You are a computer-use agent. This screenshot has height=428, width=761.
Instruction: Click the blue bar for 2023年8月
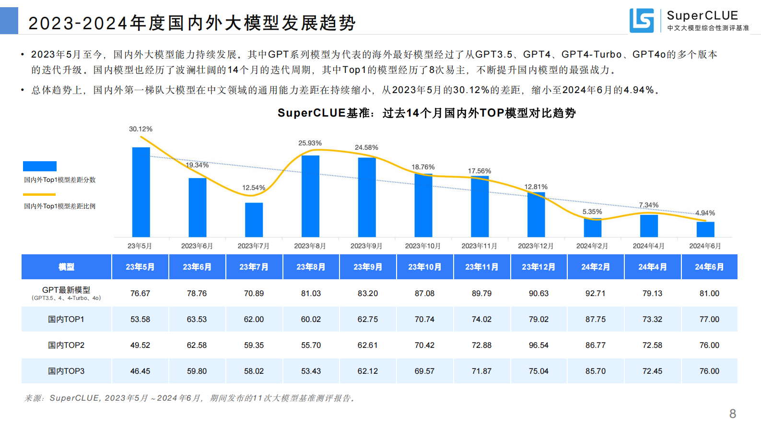[310, 196]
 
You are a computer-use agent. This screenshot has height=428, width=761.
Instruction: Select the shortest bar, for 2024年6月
[705, 229]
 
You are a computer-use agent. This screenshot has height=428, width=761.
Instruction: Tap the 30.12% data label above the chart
[140, 129]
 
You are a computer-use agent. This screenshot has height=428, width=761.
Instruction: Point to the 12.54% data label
[254, 188]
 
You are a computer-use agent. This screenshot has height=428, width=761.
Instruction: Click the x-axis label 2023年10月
[422, 246]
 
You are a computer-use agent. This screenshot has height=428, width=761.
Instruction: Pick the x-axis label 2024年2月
[592, 246]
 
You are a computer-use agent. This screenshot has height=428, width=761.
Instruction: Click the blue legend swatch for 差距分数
[40, 166]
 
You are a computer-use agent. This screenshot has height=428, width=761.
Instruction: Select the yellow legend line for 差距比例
[39, 194]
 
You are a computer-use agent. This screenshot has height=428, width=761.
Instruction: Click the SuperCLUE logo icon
[642, 21]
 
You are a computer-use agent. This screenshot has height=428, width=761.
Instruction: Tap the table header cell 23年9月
[368, 267]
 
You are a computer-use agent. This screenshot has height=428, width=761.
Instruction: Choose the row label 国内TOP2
[66, 345]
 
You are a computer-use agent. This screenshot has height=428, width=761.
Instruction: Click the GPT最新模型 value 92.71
[595, 293]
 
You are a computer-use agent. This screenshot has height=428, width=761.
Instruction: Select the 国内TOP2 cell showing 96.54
[539, 345]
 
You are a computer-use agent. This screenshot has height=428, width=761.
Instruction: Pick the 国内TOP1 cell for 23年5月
[140, 319]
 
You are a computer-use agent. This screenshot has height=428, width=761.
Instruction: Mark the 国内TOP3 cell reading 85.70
[595, 371]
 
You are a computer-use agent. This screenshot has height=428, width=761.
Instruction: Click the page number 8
[732, 414]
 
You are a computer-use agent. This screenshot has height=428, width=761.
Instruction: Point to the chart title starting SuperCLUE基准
[426, 113]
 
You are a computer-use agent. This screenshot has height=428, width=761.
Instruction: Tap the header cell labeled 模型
[66, 267]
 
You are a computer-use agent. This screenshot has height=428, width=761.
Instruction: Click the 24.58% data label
[366, 147]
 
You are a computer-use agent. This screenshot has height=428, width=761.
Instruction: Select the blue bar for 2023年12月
[536, 214]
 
